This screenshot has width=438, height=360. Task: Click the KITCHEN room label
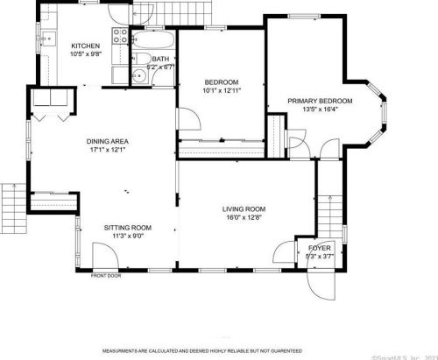coord(85,46)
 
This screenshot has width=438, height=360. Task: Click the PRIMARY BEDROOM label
coord(320,101)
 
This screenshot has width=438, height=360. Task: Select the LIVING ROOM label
coord(244,208)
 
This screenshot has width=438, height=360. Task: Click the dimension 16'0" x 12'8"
coord(244,218)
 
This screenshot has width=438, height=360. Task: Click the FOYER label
coord(320,249)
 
